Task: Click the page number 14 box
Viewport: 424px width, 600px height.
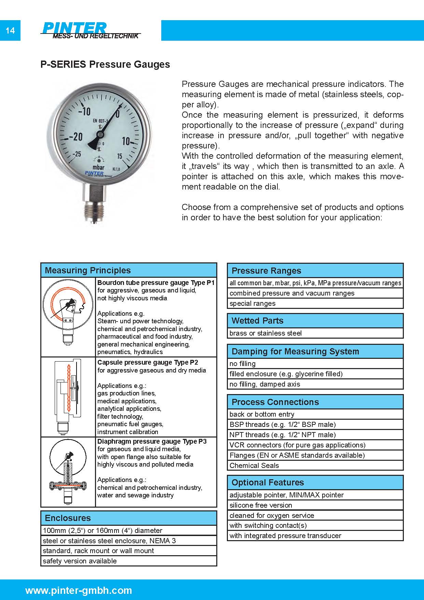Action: coord(10,30)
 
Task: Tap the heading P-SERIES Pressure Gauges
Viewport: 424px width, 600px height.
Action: coord(105,64)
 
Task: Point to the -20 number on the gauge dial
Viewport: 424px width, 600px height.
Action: coord(76,137)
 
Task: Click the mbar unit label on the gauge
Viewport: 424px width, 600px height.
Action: coord(99,167)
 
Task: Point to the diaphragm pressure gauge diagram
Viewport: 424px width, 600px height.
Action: coord(68,471)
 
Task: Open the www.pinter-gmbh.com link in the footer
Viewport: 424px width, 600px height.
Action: coord(79,590)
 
